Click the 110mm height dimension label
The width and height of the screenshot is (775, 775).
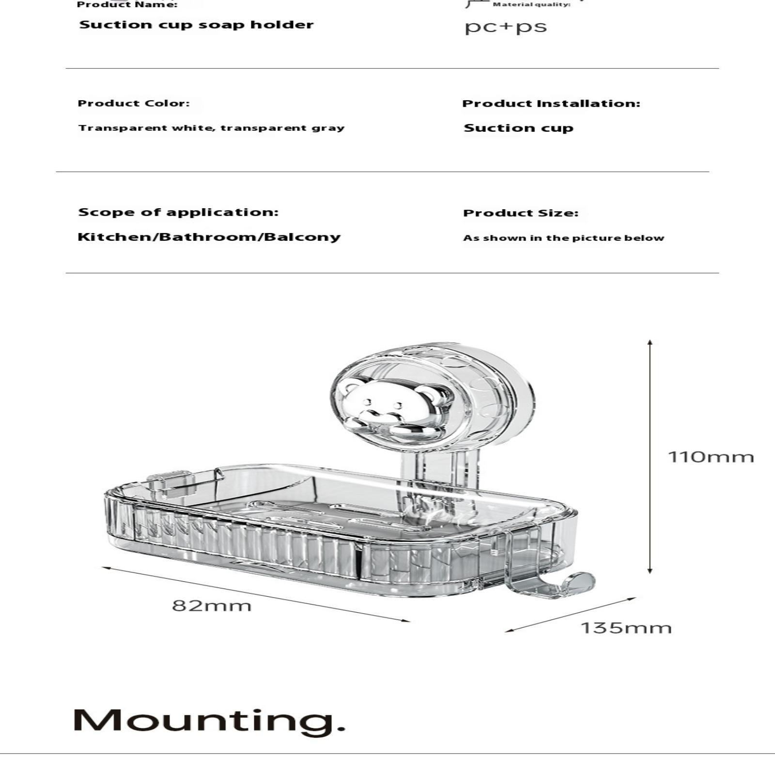pos(711,457)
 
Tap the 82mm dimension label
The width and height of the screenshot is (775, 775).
pos(212,605)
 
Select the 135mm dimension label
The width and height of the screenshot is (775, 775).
pos(626,628)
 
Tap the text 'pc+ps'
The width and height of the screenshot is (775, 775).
pos(506,27)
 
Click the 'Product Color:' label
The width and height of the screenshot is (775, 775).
pos(134,103)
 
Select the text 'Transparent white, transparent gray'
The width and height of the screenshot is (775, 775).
pos(211,128)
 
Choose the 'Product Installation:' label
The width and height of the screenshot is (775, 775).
pos(551,103)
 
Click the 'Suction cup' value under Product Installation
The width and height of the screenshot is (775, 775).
pos(518,128)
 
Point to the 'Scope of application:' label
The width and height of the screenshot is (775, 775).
pos(178,212)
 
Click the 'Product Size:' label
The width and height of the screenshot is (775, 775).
pos(521,213)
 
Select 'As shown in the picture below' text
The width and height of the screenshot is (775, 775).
pos(563,238)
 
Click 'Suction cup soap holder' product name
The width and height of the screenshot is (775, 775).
pos(196,25)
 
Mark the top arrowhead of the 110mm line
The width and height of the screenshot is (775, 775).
pos(650,342)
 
